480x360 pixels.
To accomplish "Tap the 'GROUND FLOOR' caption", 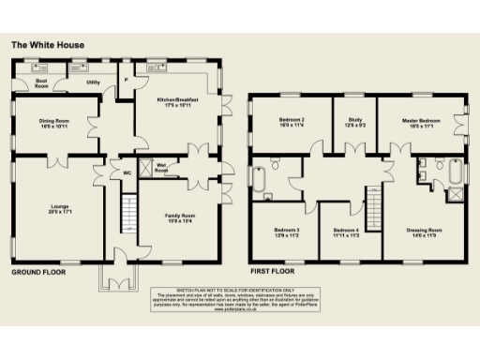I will point(37,272).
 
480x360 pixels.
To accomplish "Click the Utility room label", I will point(93,82).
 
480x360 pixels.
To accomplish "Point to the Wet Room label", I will point(161,170).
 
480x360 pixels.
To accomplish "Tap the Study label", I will point(355,122).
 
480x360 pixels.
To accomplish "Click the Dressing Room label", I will point(424,232).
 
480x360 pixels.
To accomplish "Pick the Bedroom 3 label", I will point(287,232).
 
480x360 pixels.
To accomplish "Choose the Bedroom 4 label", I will point(345,232).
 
